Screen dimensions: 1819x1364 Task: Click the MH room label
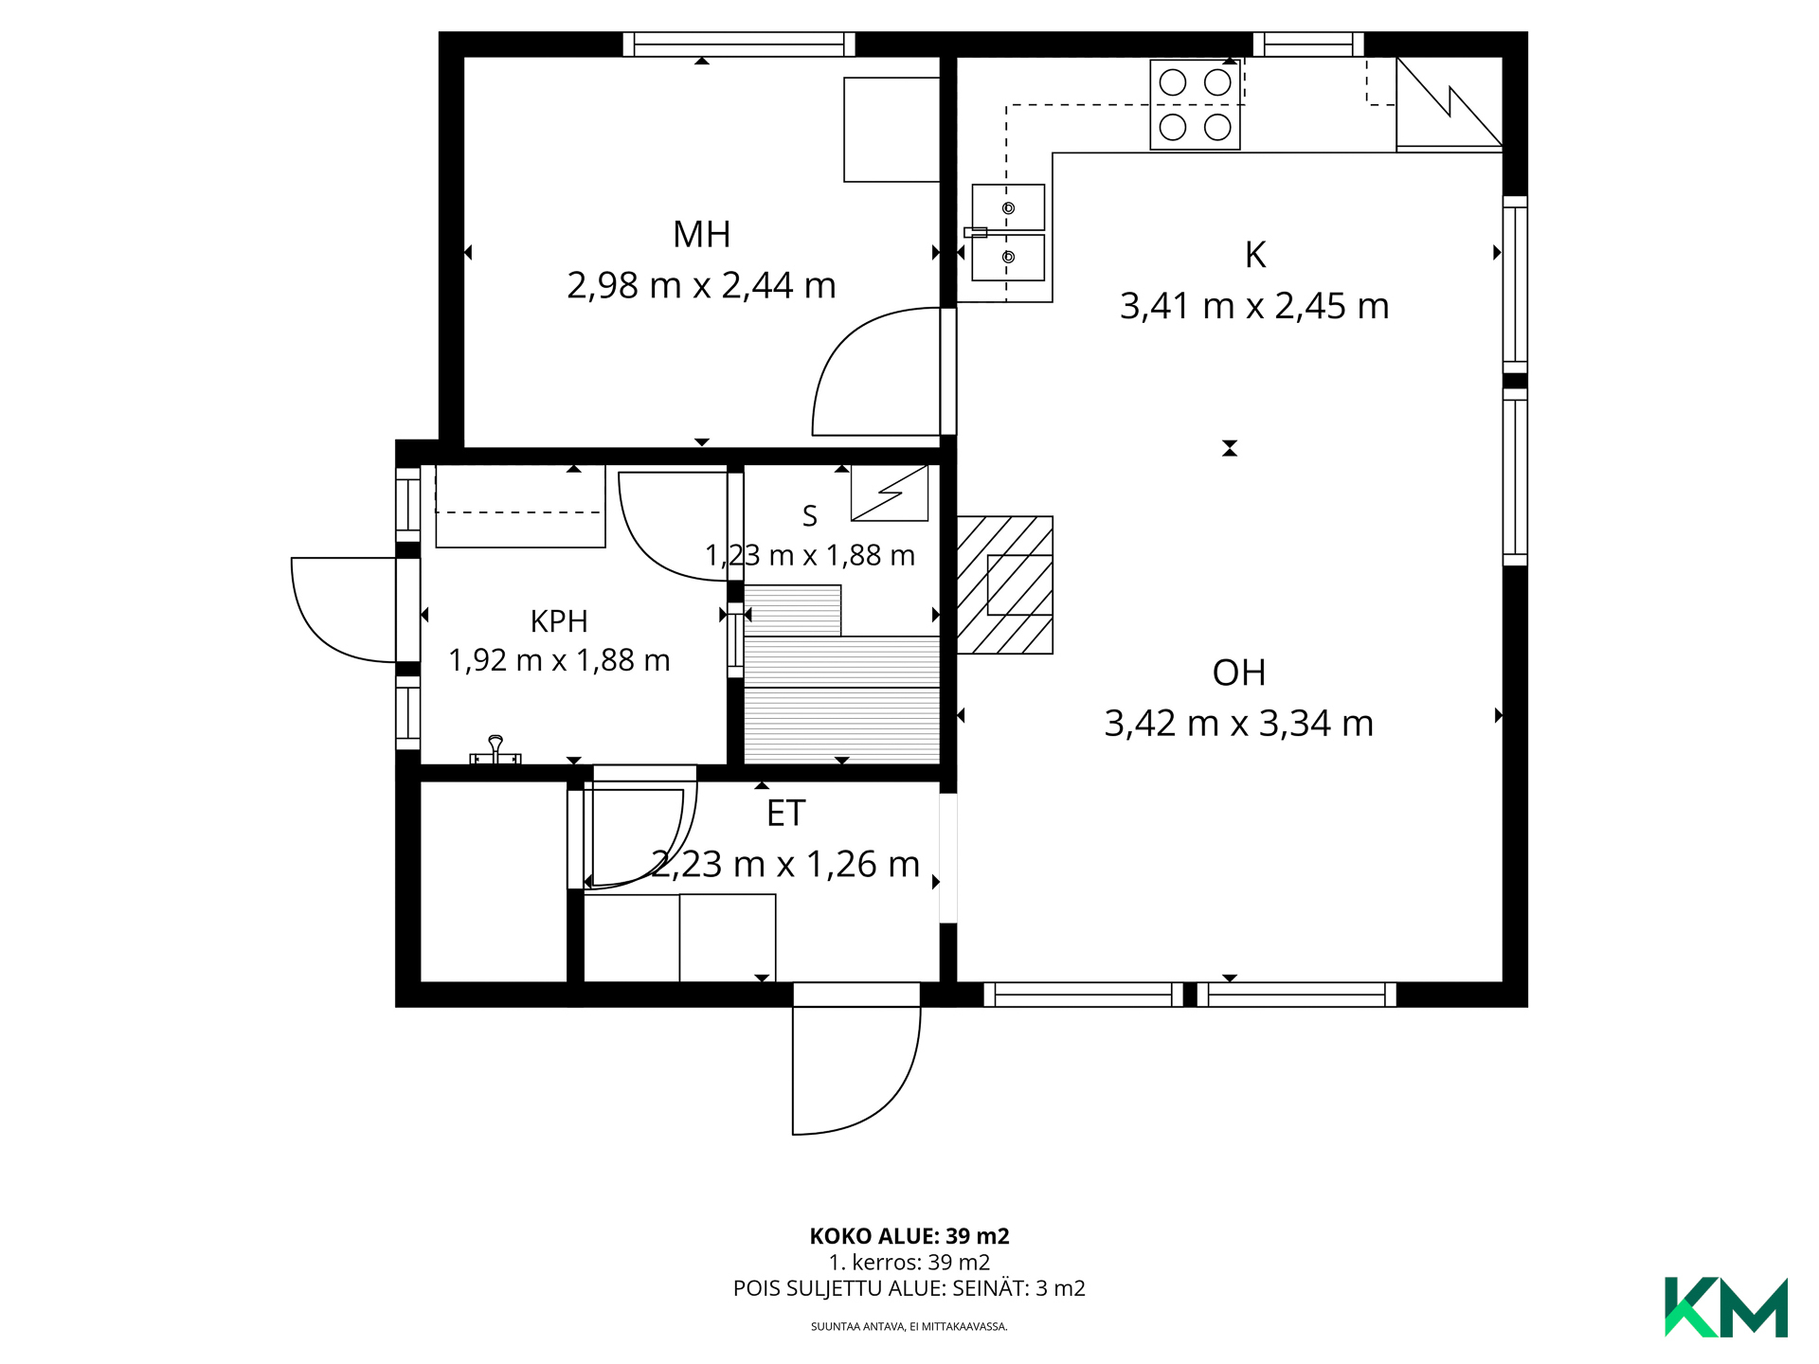(x=701, y=234)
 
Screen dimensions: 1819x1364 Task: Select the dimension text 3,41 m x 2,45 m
(x=1254, y=306)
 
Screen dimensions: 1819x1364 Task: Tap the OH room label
(x=1239, y=673)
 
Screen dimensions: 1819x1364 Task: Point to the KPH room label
(x=559, y=621)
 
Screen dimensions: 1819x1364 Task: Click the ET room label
(x=785, y=814)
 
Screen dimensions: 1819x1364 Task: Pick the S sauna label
(x=809, y=516)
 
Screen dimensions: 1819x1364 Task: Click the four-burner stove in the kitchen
(x=1195, y=104)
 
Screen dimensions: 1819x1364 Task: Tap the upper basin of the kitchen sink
(x=1008, y=207)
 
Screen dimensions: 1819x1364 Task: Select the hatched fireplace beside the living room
(x=1005, y=584)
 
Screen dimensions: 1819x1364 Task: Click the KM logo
(x=1726, y=1307)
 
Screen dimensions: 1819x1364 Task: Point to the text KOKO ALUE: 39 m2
(x=909, y=1236)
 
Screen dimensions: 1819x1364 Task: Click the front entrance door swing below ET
(x=855, y=1070)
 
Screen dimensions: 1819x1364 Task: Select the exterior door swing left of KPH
(x=343, y=610)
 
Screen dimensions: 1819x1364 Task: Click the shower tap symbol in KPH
(x=495, y=750)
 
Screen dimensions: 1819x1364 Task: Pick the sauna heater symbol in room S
(x=890, y=493)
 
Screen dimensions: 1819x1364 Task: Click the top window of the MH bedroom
(x=739, y=45)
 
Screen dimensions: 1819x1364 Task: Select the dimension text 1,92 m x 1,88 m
(x=559, y=660)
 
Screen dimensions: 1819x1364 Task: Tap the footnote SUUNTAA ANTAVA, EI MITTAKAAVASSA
(x=909, y=1326)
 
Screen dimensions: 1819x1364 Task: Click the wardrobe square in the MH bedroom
(x=891, y=130)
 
